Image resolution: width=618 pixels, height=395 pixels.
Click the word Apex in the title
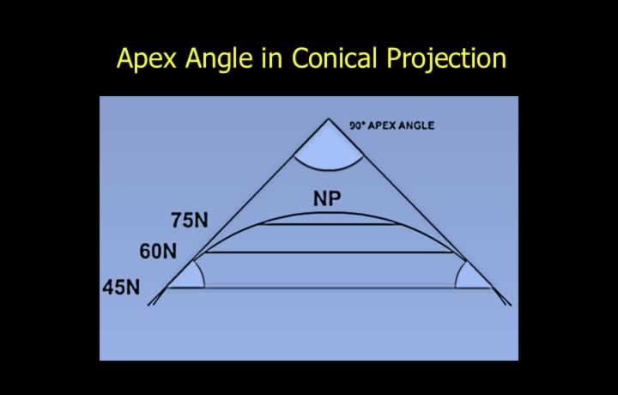(146, 58)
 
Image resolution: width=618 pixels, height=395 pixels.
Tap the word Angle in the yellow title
(219, 58)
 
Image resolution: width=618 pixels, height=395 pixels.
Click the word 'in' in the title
(272, 58)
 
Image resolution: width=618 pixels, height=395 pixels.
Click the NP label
(327, 198)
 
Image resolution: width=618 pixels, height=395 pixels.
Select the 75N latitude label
(190, 220)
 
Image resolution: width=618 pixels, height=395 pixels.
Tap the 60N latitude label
(158, 251)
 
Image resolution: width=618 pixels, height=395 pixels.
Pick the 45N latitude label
(121, 287)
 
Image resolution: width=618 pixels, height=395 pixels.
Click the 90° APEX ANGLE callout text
(392, 125)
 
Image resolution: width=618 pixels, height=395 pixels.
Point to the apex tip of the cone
(328, 118)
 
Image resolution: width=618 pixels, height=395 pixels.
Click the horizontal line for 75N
(330, 224)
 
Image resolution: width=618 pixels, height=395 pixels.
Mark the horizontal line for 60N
(329, 252)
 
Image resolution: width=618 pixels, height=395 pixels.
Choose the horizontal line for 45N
(330, 288)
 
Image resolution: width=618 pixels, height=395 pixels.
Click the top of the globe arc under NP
(328, 213)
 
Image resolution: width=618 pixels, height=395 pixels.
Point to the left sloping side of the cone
(238, 211)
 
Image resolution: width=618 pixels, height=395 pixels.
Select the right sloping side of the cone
(420, 211)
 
